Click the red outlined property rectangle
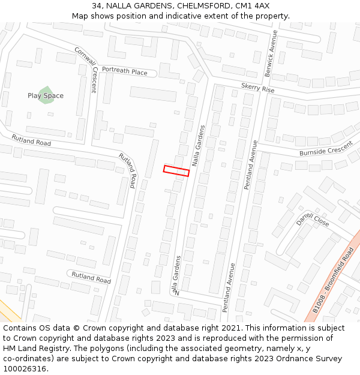coord(176,170)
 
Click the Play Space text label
coord(46,96)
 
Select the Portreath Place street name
coord(124,71)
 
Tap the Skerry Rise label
coord(257,88)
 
